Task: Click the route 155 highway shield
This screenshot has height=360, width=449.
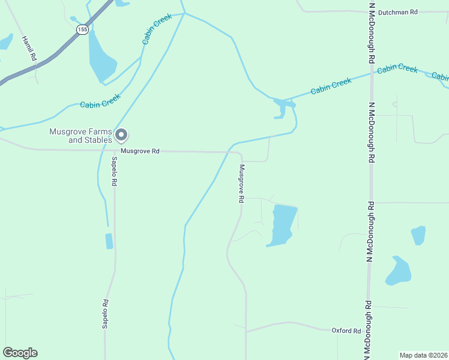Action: pyautogui.click(x=83, y=29)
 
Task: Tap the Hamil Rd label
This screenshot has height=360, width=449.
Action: pyautogui.click(x=29, y=48)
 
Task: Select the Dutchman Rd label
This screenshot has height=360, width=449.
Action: pyautogui.click(x=397, y=12)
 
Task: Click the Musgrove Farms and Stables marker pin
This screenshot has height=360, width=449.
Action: pyautogui.click(x=121, y=134)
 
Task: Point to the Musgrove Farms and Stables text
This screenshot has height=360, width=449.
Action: pyautogui.click(x=82, y=136)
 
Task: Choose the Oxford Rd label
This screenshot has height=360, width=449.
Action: pyautogui.click(x=346, y=331)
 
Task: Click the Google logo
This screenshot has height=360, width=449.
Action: pyautogui.click(x=20, y=353)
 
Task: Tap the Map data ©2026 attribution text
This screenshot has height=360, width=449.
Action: pyautogui.click(x=423, y=355)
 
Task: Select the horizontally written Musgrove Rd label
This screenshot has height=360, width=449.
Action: pyautogui.click(x=140, y=151)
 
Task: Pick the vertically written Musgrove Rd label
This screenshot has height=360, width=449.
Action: pyautogui.click(x=241, y=183)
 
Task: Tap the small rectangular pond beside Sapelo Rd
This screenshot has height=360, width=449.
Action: pyautogui.click(x=109, y=241)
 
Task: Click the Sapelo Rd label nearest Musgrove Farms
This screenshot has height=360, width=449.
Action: pyautogui.click(x=113, y=171)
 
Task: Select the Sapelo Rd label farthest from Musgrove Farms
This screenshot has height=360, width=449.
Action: pyautogui.click(x=105, y=314)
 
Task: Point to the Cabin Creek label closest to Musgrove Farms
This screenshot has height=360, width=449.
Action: pyautogui.click(x=101, y=104)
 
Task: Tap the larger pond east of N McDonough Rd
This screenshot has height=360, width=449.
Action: pyautogui.click(x=399, y=271)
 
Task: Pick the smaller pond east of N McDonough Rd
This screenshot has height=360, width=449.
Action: pyautogui.click(x=418, y=235)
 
